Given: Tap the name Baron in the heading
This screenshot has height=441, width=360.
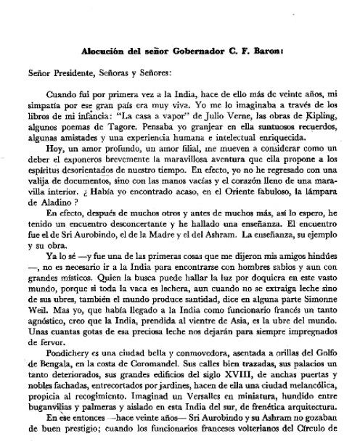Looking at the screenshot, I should (x=261, y=53).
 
